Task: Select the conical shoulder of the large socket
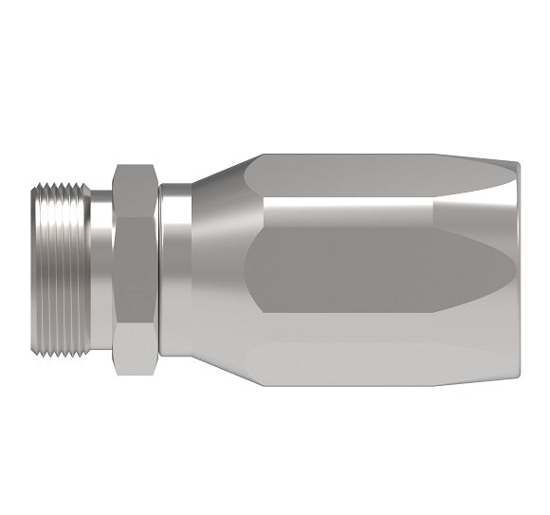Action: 213,270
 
